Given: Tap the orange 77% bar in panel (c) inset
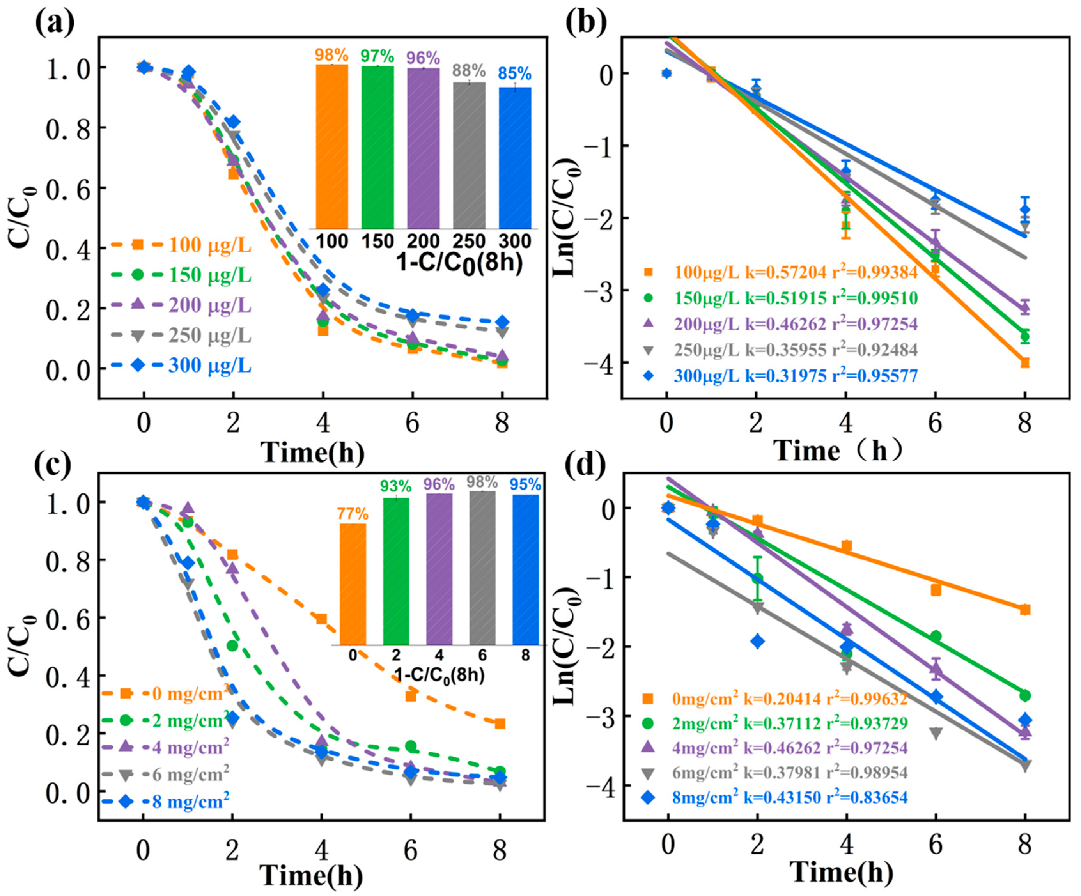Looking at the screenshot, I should click(353, 584).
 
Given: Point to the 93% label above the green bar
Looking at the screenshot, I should click(396, 485).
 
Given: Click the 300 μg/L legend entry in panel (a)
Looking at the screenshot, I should click(209, 366).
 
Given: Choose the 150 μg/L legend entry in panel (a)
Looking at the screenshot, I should click(209, 275).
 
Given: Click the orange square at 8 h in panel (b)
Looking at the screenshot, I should click(1024, 363).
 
